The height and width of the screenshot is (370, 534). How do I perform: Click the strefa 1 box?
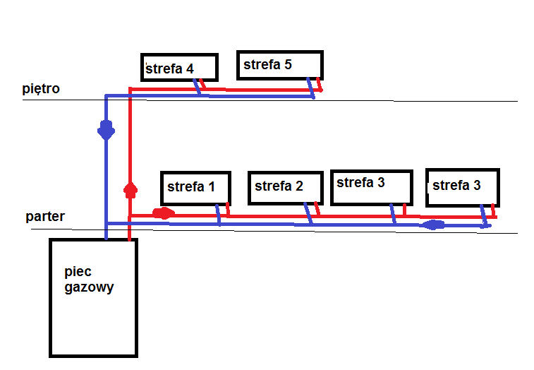[x=195, y=187]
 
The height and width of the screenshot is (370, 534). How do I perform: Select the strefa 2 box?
[x=279, y=186]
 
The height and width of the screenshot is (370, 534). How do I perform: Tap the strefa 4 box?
[x=178, y=67]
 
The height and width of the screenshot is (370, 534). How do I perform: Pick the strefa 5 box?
[x=279, y=65]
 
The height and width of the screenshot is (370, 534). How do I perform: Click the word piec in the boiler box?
[x=78, y=273]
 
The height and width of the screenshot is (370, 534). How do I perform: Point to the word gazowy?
[x=88, y=287]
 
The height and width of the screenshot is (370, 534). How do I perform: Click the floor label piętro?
[x=41, y=89]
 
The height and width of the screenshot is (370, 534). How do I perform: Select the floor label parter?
[x=45, y=216]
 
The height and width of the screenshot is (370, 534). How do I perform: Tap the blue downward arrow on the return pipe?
[x=106, y=131]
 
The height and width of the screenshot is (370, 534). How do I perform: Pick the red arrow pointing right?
[x=163, y=213]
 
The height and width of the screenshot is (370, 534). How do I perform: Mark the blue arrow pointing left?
[x=432, y=225]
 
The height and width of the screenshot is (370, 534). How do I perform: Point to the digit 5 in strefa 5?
[x=287, y=65]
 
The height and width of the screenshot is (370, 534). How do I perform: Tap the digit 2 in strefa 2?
[x=298, y=186]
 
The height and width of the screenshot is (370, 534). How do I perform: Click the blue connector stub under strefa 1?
[x=219, y=215]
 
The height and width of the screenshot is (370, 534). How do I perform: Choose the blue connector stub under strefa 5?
[x=310, y=88]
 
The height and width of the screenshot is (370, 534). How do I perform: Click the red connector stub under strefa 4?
[x=202, y=85]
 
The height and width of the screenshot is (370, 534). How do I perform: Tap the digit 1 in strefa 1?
[x=211, y=187]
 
